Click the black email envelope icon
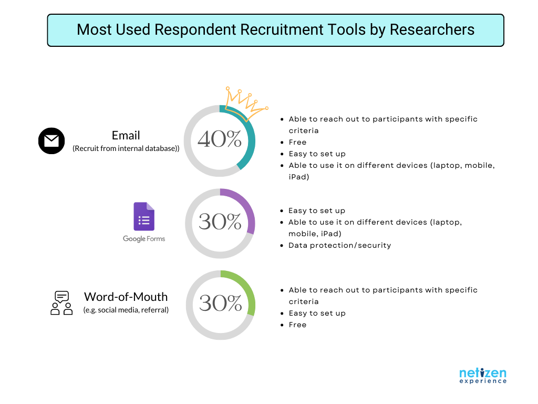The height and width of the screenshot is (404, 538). click(51, 141)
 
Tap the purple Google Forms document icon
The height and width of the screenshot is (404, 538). click(144, 216)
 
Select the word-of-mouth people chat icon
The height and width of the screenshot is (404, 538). click(62, 302)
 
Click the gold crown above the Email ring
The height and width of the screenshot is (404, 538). click(246, 103)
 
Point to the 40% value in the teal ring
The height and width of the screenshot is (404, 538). click(220, 139)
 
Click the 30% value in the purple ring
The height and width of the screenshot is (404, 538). click(220, 221)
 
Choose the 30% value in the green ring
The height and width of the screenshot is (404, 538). click(221, 304)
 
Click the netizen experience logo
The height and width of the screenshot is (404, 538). click(483, 376)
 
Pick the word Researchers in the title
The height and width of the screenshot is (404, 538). click(432, 29)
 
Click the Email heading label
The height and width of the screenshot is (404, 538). click(126, 135)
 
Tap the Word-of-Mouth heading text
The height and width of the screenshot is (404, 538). click(126, 297)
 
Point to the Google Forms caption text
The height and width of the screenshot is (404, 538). click(144, 239)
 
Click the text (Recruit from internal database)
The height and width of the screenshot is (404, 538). click(126, 148)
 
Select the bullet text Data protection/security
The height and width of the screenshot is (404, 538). click(340, 245)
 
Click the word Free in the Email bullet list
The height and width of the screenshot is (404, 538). click(297, 142)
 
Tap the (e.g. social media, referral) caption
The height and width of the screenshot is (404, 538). click(126, 310)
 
